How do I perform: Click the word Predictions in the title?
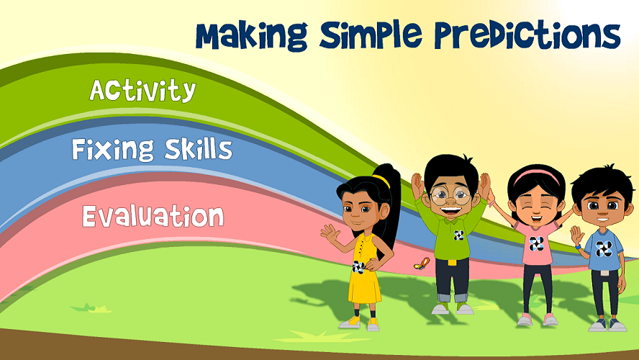pos(527,35)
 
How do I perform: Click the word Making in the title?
pos(251,36)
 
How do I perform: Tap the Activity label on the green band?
pos(142,90)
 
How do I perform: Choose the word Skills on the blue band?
pos(199,148)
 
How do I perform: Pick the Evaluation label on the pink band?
pos(153,216)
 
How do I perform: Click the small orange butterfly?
pos(422,264)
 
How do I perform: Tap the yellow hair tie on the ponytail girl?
pos(381,180)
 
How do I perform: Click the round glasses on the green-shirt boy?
pos(450,196)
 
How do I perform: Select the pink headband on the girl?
pos(537,176)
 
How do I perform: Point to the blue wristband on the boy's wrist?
pos(578,247)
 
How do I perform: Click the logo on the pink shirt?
pos(536,244)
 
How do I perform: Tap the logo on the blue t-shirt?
pos(604,248)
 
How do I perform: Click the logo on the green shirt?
pos(459,235)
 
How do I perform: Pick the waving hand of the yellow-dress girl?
pos(330,233)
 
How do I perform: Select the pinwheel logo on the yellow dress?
pos(358,267)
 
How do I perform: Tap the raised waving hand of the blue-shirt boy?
pos(576,235)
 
